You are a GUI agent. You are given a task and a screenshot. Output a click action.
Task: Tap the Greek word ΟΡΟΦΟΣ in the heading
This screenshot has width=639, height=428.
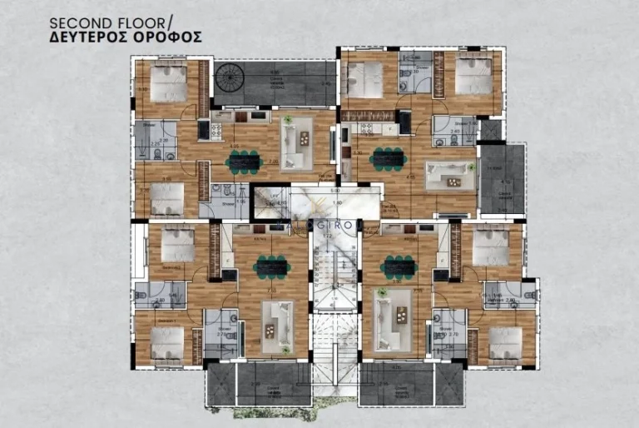point(166,38)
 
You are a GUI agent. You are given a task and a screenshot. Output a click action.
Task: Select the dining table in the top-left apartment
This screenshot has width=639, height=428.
point(243,160)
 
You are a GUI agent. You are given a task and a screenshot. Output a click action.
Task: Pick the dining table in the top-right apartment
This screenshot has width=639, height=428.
point(389,157)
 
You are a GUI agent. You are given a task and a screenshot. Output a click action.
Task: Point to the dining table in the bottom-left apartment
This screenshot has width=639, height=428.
point(273,267)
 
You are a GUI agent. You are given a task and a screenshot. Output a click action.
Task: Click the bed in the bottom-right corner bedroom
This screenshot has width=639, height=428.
point(504,341)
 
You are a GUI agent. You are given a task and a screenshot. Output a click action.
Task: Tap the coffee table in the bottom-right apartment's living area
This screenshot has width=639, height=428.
point(401,316)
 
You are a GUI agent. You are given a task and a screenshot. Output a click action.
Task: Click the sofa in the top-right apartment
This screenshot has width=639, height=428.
point(449,174)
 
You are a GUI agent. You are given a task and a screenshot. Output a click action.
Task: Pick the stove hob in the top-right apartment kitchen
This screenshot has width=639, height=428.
point(364,127)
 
